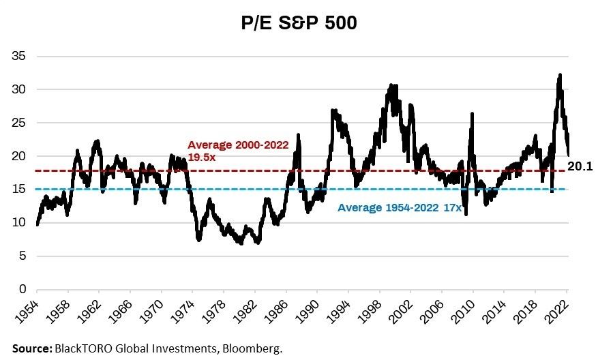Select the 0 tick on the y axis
23,290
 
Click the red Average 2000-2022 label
238,145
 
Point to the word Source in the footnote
30,348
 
